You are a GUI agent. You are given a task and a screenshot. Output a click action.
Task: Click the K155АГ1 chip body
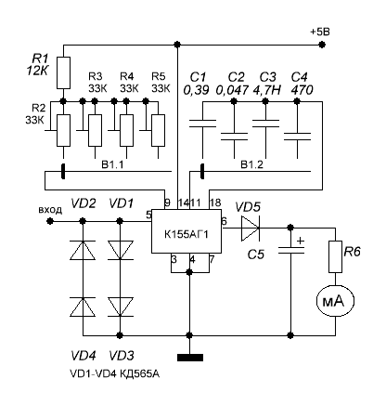point(187,231)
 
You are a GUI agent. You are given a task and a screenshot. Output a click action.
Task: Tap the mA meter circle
point(335,301)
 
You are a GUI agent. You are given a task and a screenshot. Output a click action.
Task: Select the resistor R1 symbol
point(63,72)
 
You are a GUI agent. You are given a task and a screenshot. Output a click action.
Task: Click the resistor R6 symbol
point(335,256)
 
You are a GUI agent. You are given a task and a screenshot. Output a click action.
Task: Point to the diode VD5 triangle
point(251,229)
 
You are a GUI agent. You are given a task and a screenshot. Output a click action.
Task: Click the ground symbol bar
point(190,358)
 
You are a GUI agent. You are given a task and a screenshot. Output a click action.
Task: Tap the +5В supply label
point(320,32)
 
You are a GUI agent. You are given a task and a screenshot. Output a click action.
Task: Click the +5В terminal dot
point(322,45)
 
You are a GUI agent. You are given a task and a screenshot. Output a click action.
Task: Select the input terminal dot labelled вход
point(50,221)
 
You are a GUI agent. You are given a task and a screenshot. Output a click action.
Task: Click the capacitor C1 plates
point(202,124)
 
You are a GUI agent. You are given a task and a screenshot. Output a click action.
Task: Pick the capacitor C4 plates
point(297,137)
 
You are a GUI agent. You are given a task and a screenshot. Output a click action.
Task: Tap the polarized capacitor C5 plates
point(290,251)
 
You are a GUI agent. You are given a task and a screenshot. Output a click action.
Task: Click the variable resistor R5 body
point(158,130)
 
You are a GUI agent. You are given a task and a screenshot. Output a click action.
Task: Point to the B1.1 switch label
point(112,164)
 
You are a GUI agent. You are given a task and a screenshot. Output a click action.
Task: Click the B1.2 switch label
point(252,164)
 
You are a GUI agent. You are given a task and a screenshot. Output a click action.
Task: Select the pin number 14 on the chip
point(184,203)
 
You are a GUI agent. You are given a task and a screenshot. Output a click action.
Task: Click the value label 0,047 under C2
point(232,90)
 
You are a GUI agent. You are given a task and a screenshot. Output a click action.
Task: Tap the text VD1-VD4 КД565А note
point(115,374)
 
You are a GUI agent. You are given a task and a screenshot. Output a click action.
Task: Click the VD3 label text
point(122,356)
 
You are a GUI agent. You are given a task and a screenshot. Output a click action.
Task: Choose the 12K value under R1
point(37,72)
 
